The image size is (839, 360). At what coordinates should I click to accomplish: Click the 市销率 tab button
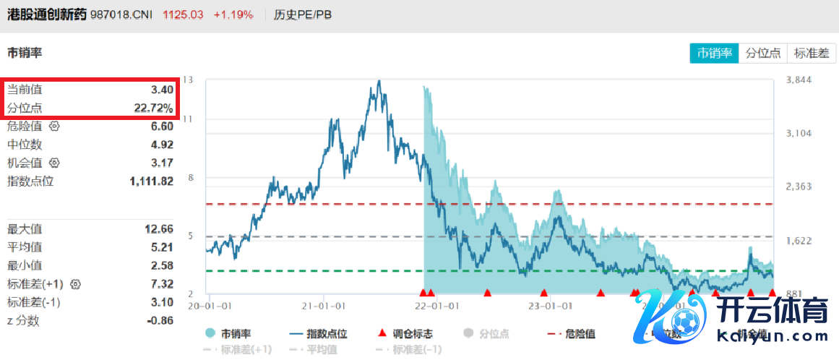click(x=714, y=53)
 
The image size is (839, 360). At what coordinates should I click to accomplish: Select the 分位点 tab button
click(x=763, y=53)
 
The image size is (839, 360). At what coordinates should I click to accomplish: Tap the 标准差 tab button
click(x=812, y=53)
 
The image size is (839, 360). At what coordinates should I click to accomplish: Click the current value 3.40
click(x=162, y=90)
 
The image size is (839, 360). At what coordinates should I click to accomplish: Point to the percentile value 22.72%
click(x=153, y=108)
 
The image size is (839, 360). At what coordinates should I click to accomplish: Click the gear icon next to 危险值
click(x=54, y=126)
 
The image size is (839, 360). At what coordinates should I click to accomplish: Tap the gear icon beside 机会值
click(x=54, y=163)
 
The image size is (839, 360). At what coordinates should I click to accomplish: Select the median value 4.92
click(x=162, y=145)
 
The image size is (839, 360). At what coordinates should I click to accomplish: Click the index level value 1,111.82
click(x=152, y=181)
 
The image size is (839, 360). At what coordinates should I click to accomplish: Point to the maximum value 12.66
click(x=159, y=229)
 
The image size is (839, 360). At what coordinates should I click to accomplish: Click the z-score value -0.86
click(x=159, y=320)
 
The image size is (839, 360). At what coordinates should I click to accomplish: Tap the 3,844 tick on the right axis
click(x=799, y=80)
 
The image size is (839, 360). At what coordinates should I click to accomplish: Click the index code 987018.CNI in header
click(x=121, y=14)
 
